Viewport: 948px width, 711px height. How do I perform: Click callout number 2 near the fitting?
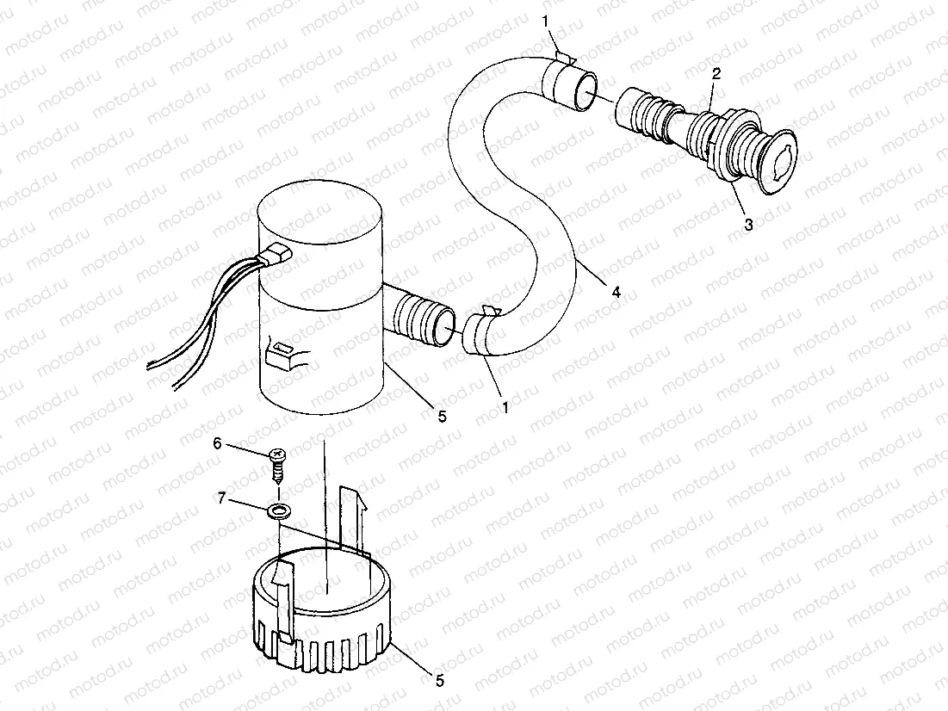pyautogui.click(x=716, y=75)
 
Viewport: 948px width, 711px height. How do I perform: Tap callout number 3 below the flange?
pyautogui.click(x=748, y=225)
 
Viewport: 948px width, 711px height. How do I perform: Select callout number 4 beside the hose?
pyautogui.click(x=616, y=292)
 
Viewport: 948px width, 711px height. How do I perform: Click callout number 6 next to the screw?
pyautogui.click(x=217, y=442)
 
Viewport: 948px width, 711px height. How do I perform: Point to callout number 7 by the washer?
pyautogui.click(x=223, y=498)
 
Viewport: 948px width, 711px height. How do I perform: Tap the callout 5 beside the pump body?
pyautogui.click(x=441, y=417)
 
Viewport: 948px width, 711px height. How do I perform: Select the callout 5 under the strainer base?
pyautogui.click(x=440, y=681)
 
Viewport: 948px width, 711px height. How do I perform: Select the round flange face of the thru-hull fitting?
pyautogui.click(x=780, y=162)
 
